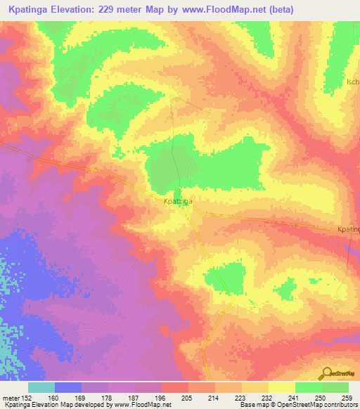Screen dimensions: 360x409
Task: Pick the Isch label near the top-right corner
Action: click(x=352, y=82)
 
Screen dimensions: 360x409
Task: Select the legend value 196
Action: click(x=160, y=397)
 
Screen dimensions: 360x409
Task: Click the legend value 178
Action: click(x=108, y=397)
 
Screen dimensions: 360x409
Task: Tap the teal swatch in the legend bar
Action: click(x=41, y=387)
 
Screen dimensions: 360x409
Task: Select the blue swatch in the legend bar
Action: click(x=68, y=387)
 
